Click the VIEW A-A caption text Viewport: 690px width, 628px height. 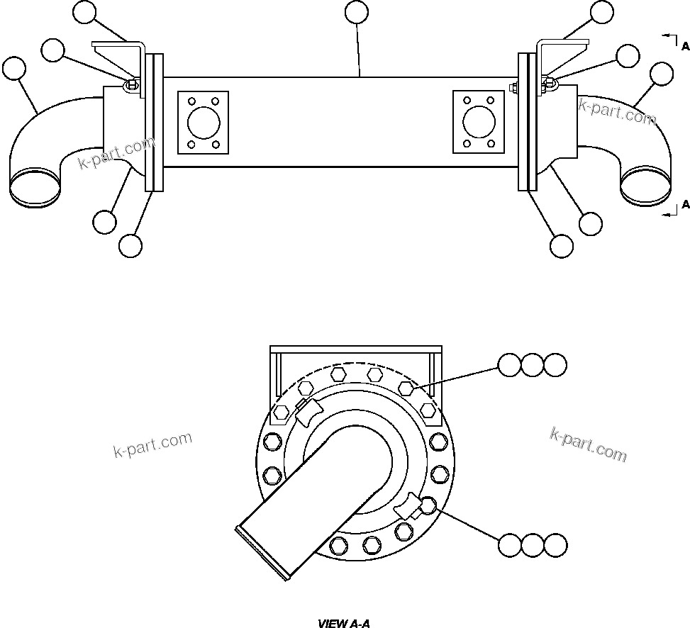click(344, 624)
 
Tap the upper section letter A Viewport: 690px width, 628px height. click(685, 46)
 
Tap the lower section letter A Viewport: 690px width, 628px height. click(685, 205)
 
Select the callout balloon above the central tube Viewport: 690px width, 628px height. click(356, 12)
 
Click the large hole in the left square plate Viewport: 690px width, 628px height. click(203, 122)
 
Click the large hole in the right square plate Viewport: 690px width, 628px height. click(478, 122)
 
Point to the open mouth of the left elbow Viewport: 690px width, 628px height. click(34, 184)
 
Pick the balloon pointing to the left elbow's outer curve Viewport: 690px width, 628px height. click(14, 69)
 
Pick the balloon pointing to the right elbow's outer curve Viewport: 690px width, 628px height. click(662, 74)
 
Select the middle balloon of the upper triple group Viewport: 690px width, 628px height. click(532, 365)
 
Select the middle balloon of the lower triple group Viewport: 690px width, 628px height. click(532, 545)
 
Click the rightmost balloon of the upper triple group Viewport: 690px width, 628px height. click(555, 365)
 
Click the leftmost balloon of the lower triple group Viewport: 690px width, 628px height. click(509, 545)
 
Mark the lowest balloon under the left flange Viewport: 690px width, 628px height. click(130, 246)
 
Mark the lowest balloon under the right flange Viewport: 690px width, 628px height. click(562, 246)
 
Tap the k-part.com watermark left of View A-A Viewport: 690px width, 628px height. click(152, 445)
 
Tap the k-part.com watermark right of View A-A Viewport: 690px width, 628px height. click(589, 444)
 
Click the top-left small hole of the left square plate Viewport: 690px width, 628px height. click(191, 100)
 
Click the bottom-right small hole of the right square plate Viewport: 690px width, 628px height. click(491, 144)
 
